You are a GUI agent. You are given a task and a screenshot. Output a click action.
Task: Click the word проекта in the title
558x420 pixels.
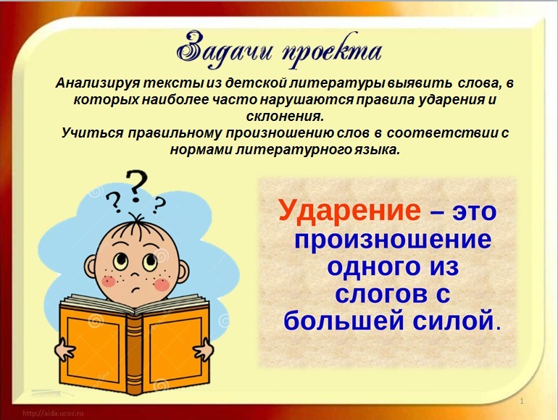coord(330,51)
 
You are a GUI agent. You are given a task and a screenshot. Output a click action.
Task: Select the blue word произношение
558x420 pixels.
coord(392,239)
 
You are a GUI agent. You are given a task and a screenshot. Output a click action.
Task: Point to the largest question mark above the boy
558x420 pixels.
coord(135,187)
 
